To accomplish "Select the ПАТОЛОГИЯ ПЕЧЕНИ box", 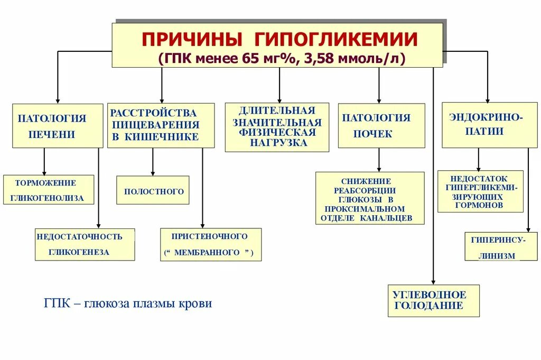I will click(x=58, y=125).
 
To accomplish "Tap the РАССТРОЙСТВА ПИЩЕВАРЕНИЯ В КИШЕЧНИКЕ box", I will click(x=161, y=125).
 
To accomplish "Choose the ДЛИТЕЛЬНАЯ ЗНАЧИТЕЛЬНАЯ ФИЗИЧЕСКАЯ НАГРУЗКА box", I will click(x=277, y=127).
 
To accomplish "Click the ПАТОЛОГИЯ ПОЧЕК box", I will click(x=381, y=125).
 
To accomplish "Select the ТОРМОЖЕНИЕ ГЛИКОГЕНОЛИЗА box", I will click(x=49, y=190).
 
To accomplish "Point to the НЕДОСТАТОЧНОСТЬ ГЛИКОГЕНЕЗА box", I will click(x=85, y=244).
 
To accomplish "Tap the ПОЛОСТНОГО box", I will click(x=153, y=190).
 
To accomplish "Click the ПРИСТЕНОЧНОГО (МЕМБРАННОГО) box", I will click(x=211, y=244).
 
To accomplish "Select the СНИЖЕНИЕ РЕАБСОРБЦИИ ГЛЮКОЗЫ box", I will click(x=370, y=198).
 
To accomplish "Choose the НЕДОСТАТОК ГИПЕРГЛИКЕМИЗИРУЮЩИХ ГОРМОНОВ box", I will click(x=480, y=191).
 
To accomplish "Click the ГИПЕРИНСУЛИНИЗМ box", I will click(x=493, y=246).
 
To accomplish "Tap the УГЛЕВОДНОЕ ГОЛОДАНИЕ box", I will click(x=433, y=300).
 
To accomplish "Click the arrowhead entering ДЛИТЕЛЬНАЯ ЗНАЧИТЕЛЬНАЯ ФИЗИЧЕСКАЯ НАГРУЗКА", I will click(x=280, y=99).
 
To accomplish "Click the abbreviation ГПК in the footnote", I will click(x=54, y=304).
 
